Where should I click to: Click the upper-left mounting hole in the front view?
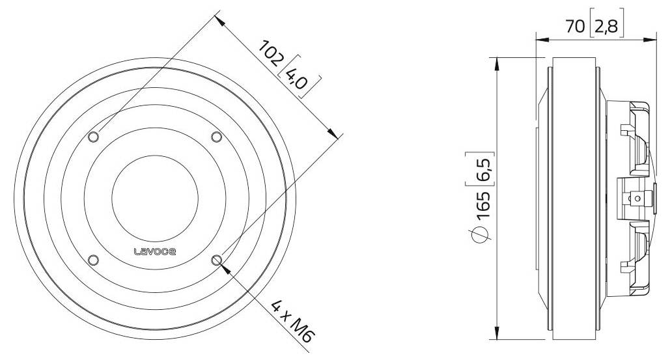coord(93,137)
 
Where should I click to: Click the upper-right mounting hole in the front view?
coord(216,137)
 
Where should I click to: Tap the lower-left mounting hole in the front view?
coord(93,260)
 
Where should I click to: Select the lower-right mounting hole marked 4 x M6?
coord(216,260)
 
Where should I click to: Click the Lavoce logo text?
coord(155,252)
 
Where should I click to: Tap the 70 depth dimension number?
coord(576,27)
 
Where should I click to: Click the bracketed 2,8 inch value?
coord(606,27)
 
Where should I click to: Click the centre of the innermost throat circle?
coord(155,198)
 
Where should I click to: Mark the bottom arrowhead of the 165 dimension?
coord(497,335)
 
